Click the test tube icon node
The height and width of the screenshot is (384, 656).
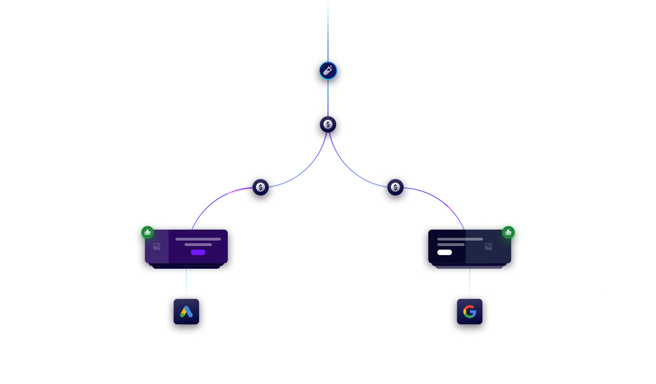click(328, 71)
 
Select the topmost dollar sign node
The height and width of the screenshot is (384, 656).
click(328, 124)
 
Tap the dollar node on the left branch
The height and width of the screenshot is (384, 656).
click(260, 187)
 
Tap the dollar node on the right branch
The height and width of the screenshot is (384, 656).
click(395, 187)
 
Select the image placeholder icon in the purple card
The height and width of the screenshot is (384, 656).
click(157, 246)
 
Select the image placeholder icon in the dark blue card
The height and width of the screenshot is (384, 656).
click(488, 246)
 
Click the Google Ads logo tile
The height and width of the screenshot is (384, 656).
click(186, 312)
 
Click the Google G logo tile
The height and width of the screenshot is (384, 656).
click(469, 312)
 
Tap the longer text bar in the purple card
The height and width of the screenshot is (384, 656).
click(198, 239)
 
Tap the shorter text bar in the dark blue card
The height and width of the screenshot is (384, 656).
click(451, 245)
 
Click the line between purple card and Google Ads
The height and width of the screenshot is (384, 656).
click(186, 282)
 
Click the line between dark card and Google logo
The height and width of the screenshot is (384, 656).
click(469, 282)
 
